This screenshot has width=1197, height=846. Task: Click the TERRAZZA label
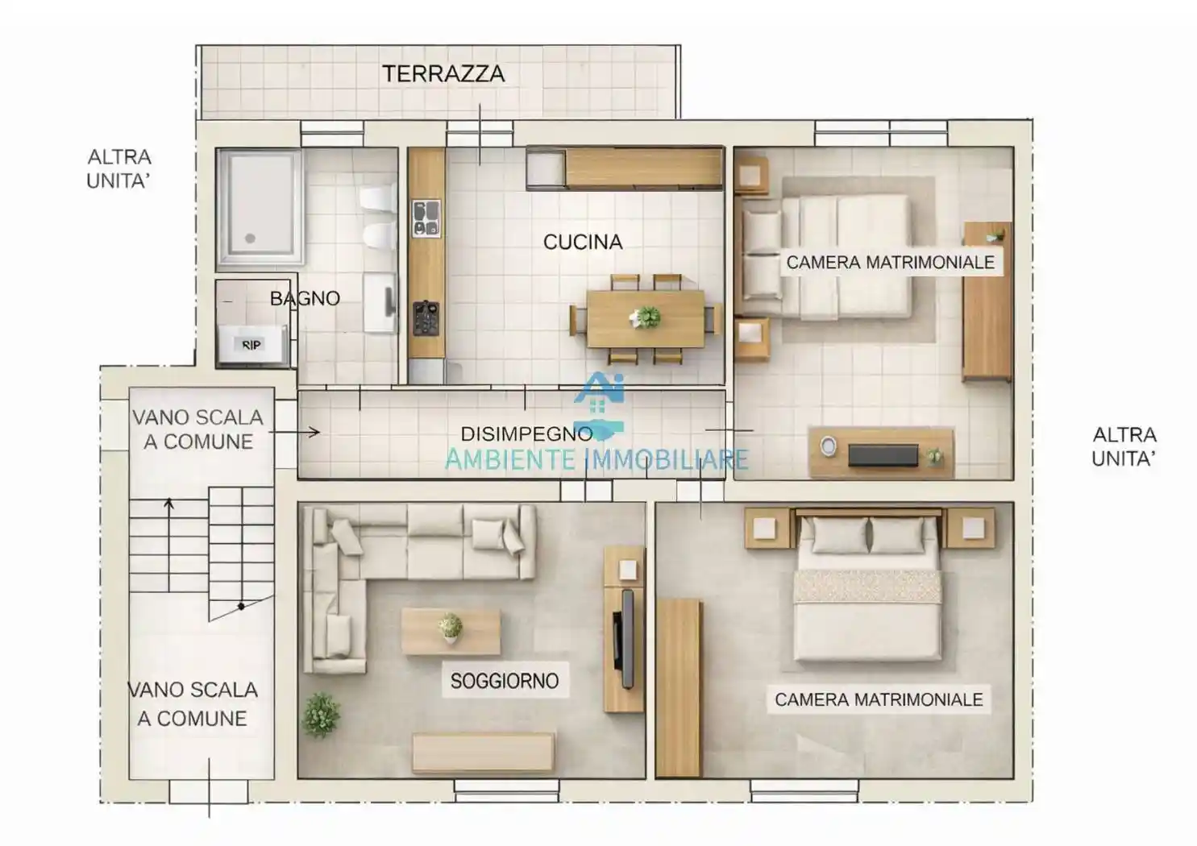coord(443,74)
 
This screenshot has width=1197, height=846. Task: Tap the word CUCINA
coord(583,242)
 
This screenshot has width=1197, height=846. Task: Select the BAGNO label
coord(305,299)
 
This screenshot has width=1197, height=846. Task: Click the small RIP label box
coord(251,345)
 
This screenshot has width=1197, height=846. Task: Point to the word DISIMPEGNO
coord(526,433)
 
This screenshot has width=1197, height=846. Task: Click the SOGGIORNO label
coord(504,681)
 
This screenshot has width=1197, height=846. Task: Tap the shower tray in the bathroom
coord(259,206)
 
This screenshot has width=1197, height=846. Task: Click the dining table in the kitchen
coord(645,318)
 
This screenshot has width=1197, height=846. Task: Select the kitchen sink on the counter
coord(426,219)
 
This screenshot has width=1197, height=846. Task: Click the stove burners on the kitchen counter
coord(426,317)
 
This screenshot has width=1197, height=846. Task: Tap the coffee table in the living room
coord(451,631)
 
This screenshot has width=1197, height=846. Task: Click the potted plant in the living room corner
coord(321,715)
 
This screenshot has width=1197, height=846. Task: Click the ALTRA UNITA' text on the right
coord(1124,446)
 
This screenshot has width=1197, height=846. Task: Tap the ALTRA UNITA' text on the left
coord(119,168)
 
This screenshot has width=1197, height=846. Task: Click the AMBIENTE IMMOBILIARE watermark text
coord(596,460)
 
